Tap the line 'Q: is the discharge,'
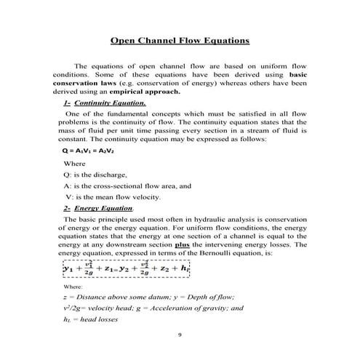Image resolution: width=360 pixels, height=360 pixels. tap(95, 175)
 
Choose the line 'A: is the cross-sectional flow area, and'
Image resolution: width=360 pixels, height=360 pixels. tap(127, 186)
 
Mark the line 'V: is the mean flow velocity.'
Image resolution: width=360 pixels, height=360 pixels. tap(113, 197)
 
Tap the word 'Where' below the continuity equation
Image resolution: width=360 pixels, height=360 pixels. tap(75, 164)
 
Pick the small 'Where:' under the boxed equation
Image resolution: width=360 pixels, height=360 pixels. tap(73, 287)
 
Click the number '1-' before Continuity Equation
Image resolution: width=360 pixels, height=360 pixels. tap(67, 103)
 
